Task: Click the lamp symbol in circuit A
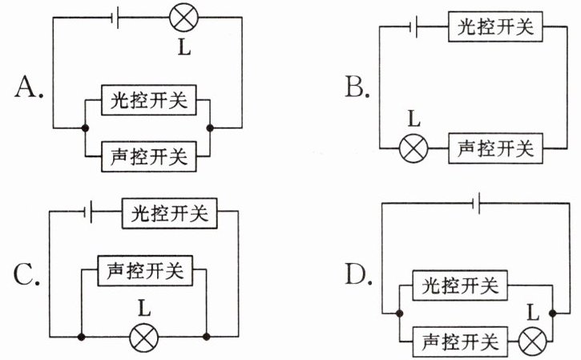click(x=184, y=18)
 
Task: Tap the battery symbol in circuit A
click(x=115, y=18)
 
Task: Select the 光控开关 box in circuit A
click(x=148, y=100)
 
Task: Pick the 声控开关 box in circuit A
click(x=148, y=156)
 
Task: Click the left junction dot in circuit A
click(x=85, y=128)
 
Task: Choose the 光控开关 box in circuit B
click(x=495, y=26)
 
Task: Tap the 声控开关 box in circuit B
click(x=495, y=148)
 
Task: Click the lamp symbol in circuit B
click(x=414, y=148)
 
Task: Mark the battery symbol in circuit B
click(x=414, y=26)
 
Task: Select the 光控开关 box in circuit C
click(x=170, y=213)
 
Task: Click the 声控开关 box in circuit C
click(x=145, y=271)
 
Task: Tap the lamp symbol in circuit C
click(x=143, y=337)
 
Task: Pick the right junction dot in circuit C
click(x=207, y=337)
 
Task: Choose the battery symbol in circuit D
click(x=478, y=203)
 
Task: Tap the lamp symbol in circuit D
click(x=532, y=342)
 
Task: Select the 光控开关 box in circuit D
click(x=460, y=285)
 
